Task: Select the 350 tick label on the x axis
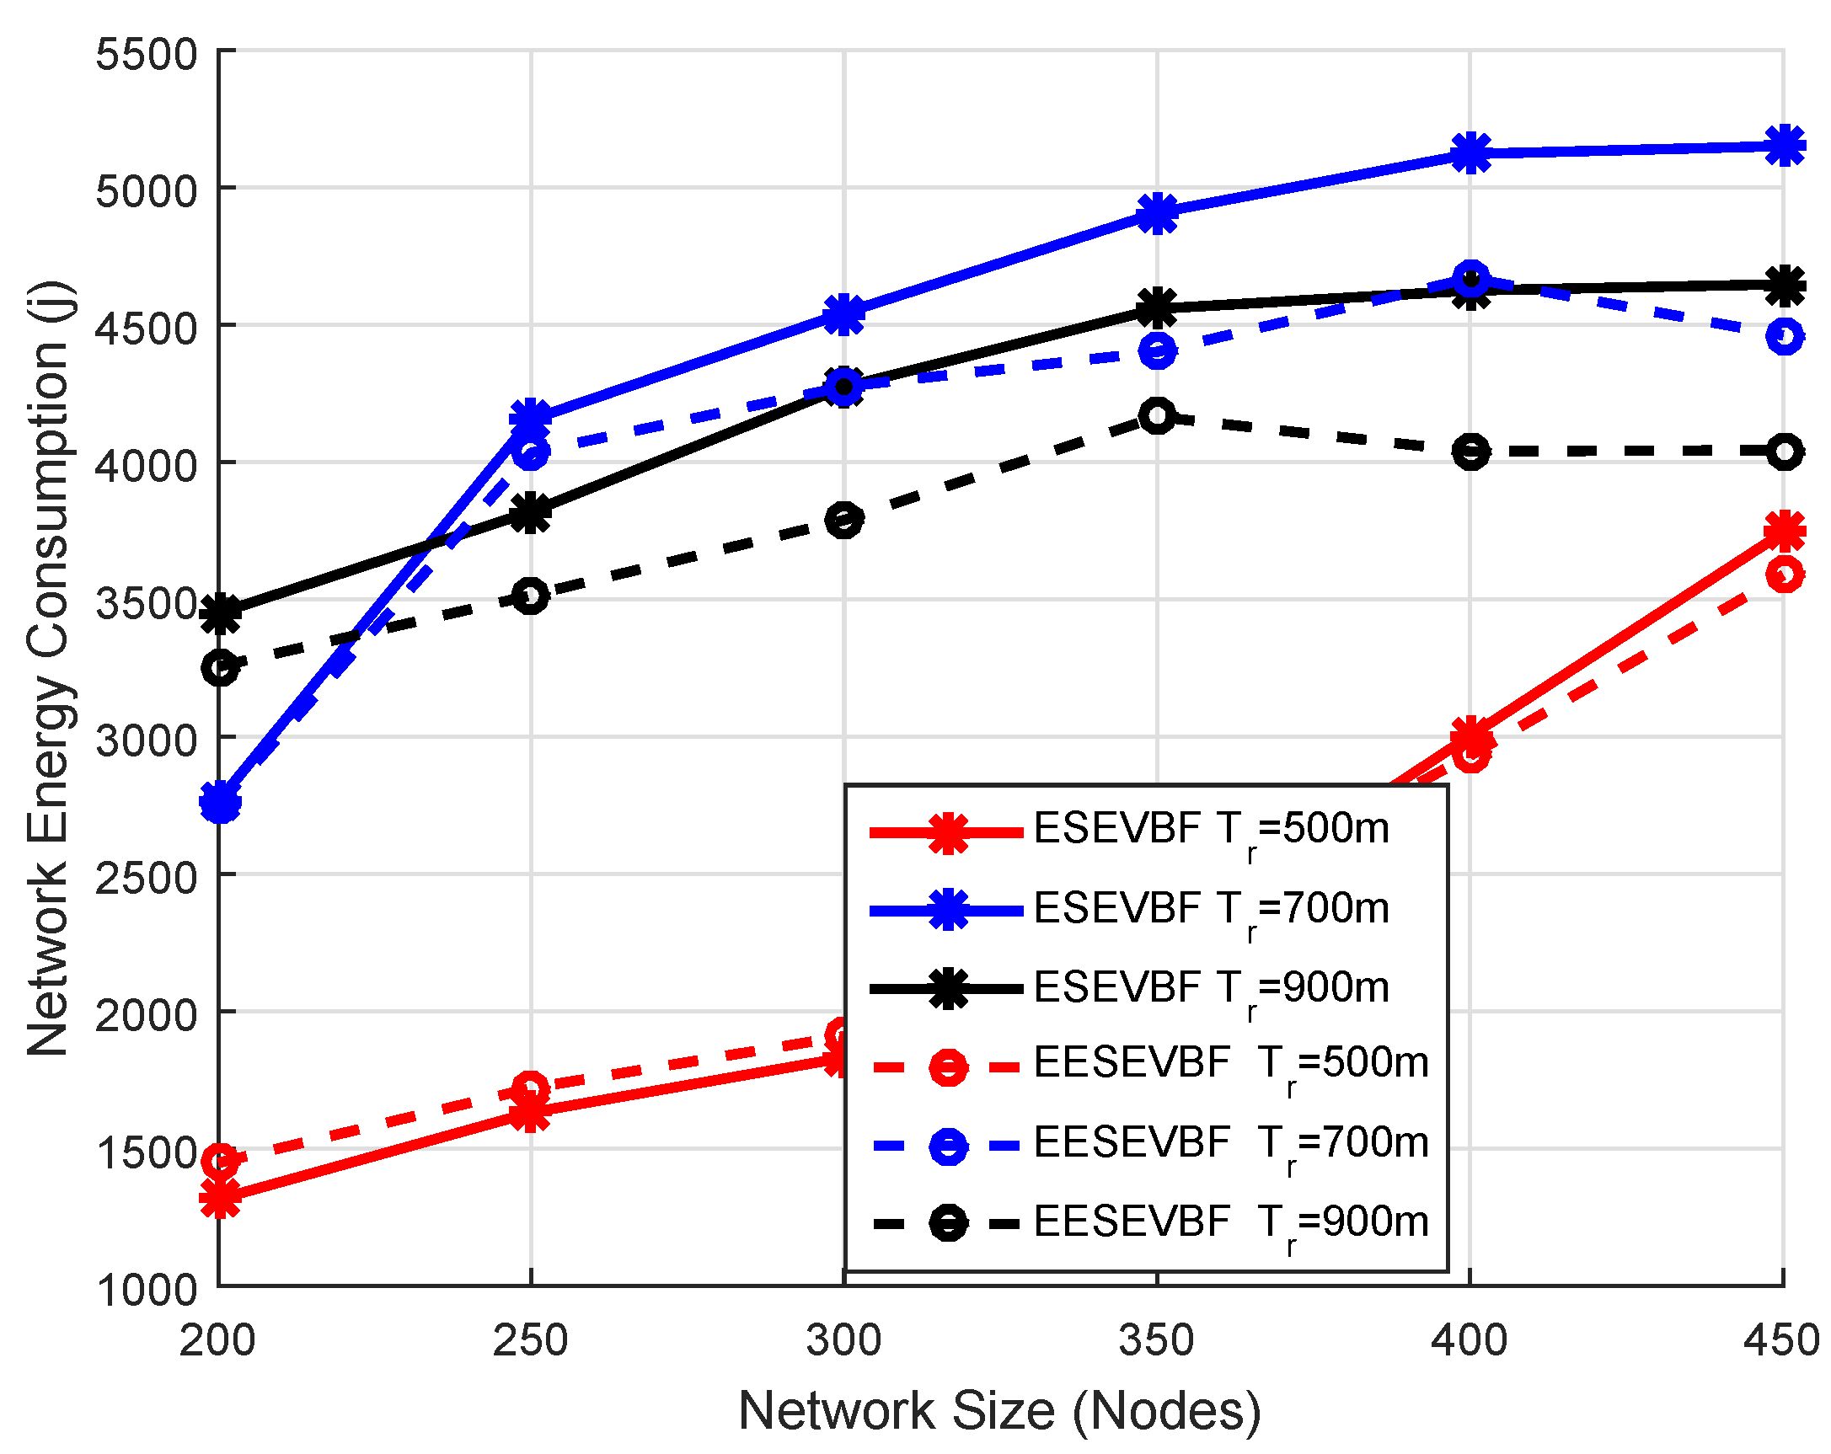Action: click(x=1157, y=1341)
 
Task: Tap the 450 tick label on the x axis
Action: click(x=1781, y=1341)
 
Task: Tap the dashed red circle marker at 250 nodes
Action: click(x=531, y=1088)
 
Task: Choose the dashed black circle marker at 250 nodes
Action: click(x=531, y=596)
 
